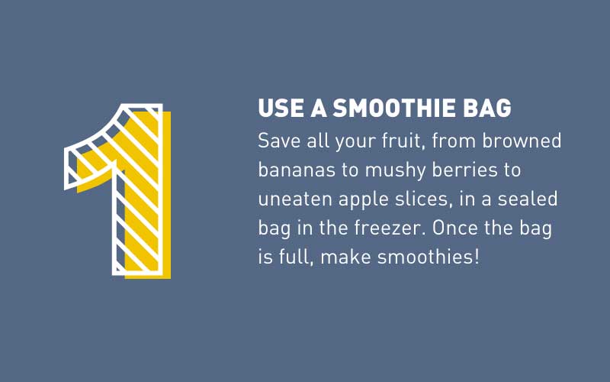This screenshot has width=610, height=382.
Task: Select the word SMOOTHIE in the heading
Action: pos(394,108)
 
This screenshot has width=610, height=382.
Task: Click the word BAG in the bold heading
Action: pos(487,108)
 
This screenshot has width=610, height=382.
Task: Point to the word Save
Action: pos(279,141)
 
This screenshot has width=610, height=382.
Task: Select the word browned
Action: pos(522,141)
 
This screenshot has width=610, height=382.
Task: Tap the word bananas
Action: pos(297,170)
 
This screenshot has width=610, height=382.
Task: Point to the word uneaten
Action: pos(294,199)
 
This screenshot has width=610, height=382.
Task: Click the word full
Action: pos(296,257)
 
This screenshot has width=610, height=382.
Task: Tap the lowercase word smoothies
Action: pos(425,257)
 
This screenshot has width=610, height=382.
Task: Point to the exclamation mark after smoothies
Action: pos(477,257)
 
